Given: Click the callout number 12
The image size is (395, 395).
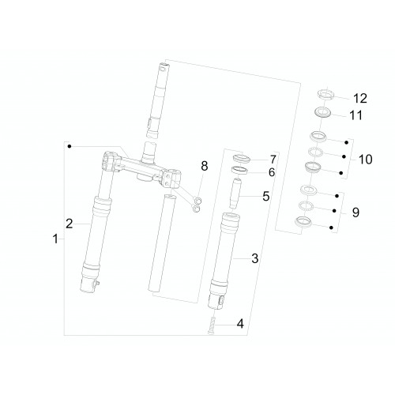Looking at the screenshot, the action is click(x=360, y=98).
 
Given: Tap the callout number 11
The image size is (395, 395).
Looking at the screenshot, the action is click(x=355, y=115).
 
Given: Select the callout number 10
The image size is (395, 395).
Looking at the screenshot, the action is click(x=365, y=160).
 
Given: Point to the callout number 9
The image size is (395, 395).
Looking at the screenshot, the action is click(x=355, y=212).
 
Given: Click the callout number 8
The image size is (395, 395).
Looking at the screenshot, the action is click(x=205, y=166).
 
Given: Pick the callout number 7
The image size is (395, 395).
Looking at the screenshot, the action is click(x=273, y=160).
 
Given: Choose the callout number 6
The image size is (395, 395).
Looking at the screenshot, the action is click(x=272, y=172).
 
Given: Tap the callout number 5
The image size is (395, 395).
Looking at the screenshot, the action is click(x=266, y=196).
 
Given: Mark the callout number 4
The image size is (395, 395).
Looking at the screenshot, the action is click(x=240, y=324).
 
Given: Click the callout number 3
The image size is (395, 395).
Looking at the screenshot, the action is click(x=255, y=258).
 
